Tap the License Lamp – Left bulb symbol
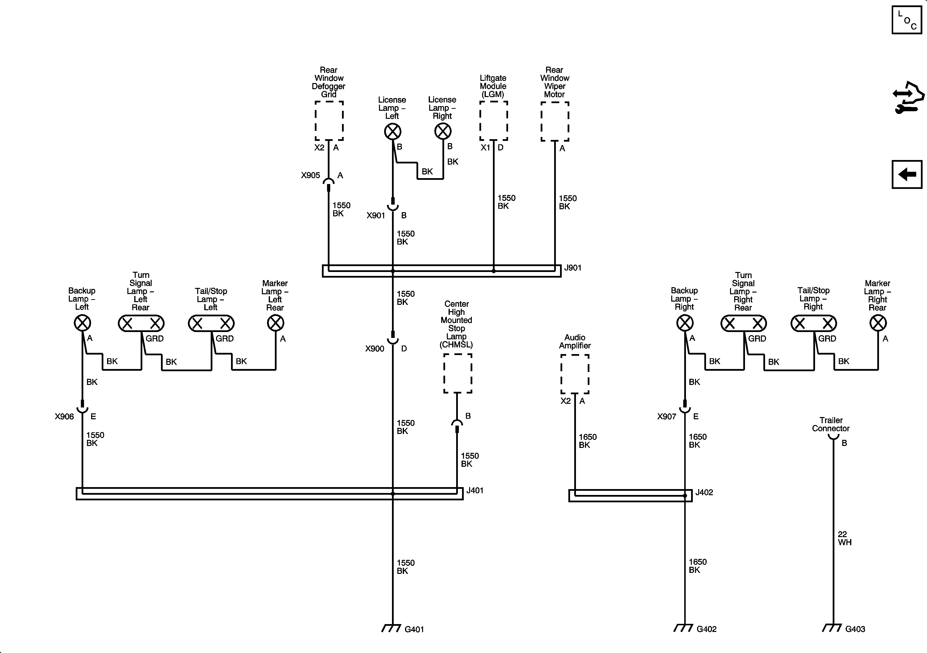[392, 131]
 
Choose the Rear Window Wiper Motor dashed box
[555, 121]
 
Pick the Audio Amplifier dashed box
[574, 374]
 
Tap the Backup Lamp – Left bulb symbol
[82, 323]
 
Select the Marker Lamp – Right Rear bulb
[878, 323]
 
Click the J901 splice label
[573, 268]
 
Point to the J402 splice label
[704, 492]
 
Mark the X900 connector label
[375, 348]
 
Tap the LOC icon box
[907, 20]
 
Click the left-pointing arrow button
[907, 174]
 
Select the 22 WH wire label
[844, 538]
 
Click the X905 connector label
[310, 175]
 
